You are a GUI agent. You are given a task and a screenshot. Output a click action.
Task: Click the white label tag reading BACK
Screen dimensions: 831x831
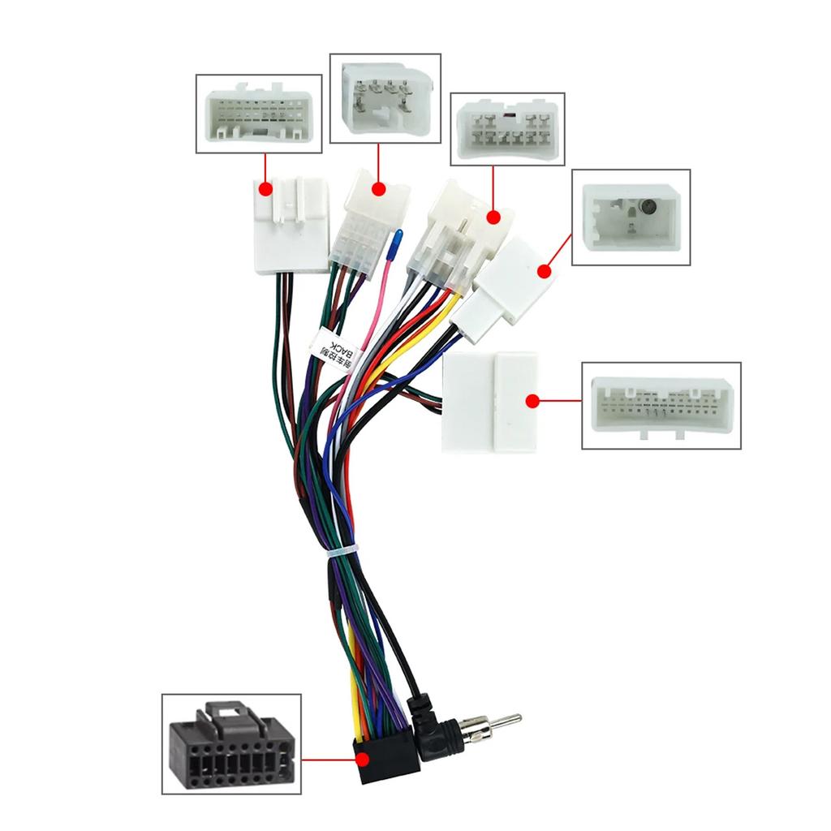(x=334, y=351)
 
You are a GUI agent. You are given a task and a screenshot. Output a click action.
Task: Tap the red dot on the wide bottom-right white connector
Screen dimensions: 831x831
(x=532, y=401)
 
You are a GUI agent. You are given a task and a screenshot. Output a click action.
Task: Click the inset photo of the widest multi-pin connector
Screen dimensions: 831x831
(x=661, y=406)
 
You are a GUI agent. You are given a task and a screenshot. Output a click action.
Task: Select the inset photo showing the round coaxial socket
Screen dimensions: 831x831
(x=631, y=217)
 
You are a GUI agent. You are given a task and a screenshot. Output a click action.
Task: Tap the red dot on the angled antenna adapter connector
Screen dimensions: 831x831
(x=542, y=273)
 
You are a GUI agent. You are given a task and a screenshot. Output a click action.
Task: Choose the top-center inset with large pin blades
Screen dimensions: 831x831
(x=385, y=98)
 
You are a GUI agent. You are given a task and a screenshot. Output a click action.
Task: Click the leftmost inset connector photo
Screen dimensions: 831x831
(x=259, y=114)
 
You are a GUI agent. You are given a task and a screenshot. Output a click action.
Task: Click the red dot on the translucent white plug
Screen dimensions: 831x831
(x=379, y=189)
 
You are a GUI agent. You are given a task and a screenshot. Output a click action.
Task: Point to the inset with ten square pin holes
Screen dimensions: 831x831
(x=507, y=130)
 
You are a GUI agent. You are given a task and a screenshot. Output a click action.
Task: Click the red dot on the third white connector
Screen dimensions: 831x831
(x=493, y=217)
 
